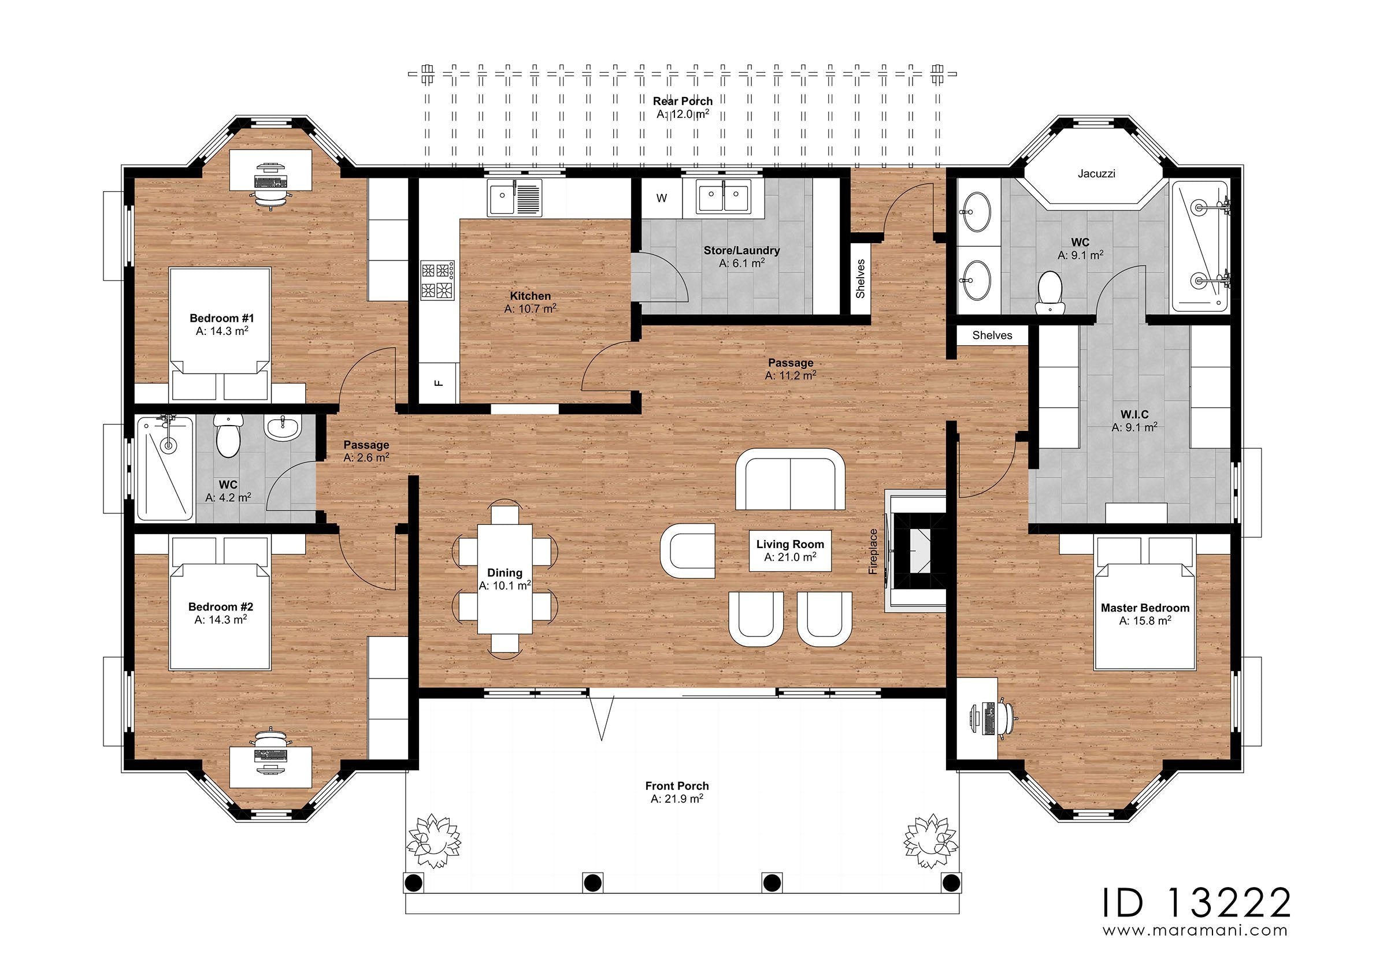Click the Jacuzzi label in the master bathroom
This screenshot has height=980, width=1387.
(1096, 174)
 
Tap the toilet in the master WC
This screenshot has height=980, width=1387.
(1050, 292)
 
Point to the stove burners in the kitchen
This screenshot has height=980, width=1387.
(437, 280)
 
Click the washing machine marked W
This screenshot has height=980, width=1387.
(662, 198)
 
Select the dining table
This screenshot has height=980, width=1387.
(505, 579)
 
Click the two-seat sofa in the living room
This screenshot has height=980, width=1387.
(790, 479)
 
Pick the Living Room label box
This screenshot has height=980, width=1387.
(790, 551)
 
